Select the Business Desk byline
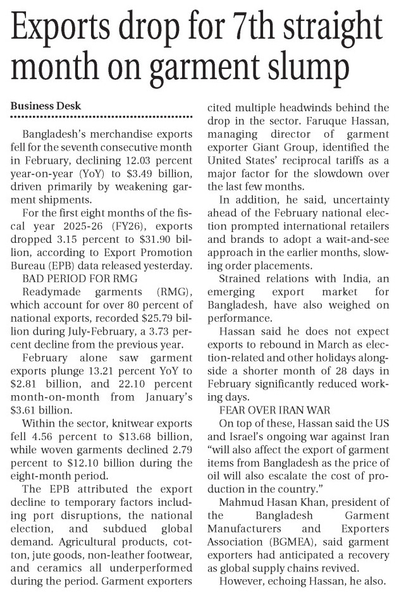pyautogui.click(x=46, y=105)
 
